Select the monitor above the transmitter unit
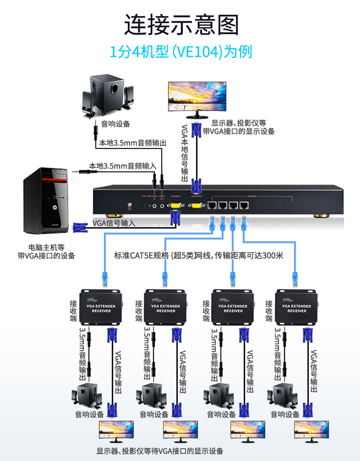[197, 99]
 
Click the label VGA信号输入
[114, 223]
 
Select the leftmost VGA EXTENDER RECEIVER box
[101, 307]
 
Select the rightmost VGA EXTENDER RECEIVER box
[297, 307]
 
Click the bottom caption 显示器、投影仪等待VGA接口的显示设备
[160, 451]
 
